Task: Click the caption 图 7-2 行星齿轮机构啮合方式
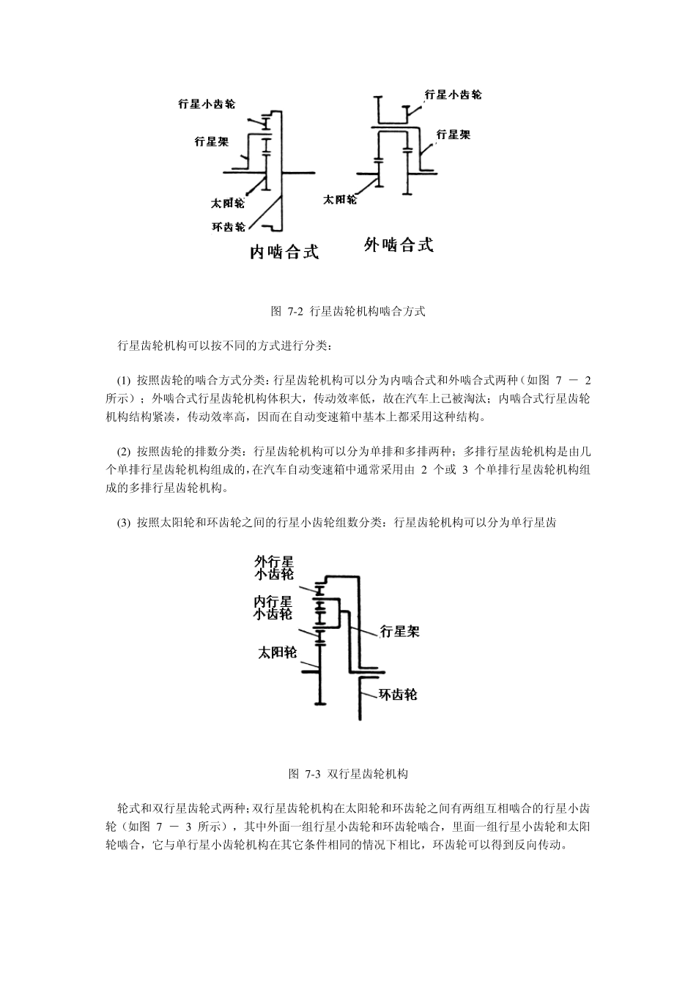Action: [348, 311]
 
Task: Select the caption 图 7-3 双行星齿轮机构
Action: [348, 773]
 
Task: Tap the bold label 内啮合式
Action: [284, 252]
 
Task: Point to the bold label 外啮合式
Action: [399, 245]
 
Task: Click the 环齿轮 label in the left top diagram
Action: [228, 227]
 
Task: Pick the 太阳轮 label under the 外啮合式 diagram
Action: [339, 199]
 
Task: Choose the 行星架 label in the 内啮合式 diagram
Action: [211, 141]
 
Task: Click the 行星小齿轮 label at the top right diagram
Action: [453, 94]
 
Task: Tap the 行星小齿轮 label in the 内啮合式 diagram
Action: [207, 105]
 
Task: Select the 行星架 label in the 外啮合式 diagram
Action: [453, 134]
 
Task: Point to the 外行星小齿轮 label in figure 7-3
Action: [274, 567]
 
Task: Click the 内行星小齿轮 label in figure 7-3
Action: [273, 608]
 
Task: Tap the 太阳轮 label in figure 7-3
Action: [276, 652]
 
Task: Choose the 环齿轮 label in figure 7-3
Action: [397, 694]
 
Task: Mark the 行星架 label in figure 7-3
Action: [399, 631]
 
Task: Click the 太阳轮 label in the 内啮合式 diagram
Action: [227, 203]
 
